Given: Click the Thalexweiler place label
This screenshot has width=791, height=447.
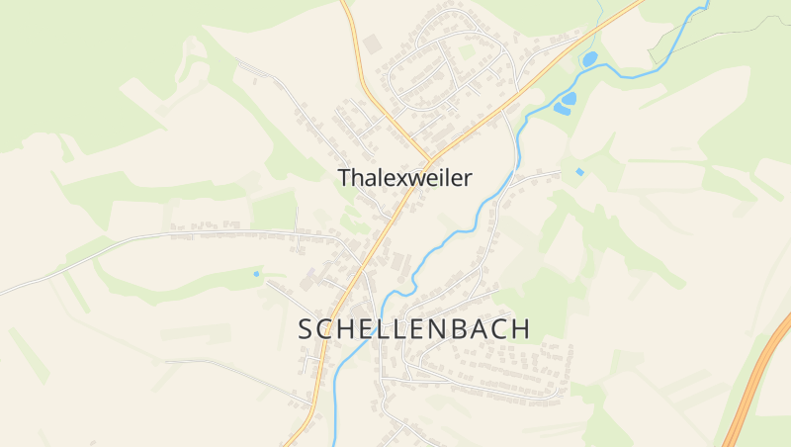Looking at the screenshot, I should click(404, 178).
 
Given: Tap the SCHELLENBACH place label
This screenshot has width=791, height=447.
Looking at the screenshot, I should click(414, 329).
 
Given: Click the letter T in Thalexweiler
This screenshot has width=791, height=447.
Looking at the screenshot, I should click(344, 178).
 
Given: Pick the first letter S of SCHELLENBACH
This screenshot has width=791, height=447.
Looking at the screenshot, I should click(306, 329).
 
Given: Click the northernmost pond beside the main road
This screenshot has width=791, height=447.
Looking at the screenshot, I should click(589, 59).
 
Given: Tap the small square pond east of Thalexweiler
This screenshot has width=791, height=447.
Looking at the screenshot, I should click(579, 172).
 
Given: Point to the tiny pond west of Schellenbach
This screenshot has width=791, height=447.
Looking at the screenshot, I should click(256, 273).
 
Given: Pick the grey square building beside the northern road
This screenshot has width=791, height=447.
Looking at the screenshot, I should click(373, 45).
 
